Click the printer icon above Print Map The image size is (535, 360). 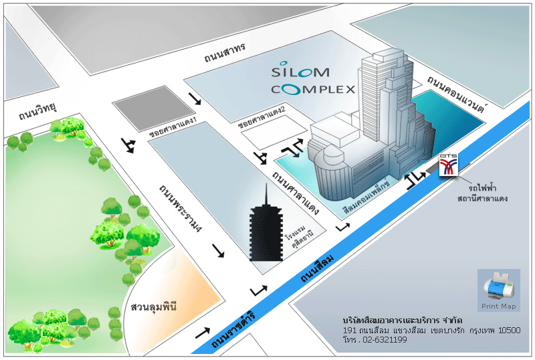click(498, 286)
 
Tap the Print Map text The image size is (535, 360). click(499, 306)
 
